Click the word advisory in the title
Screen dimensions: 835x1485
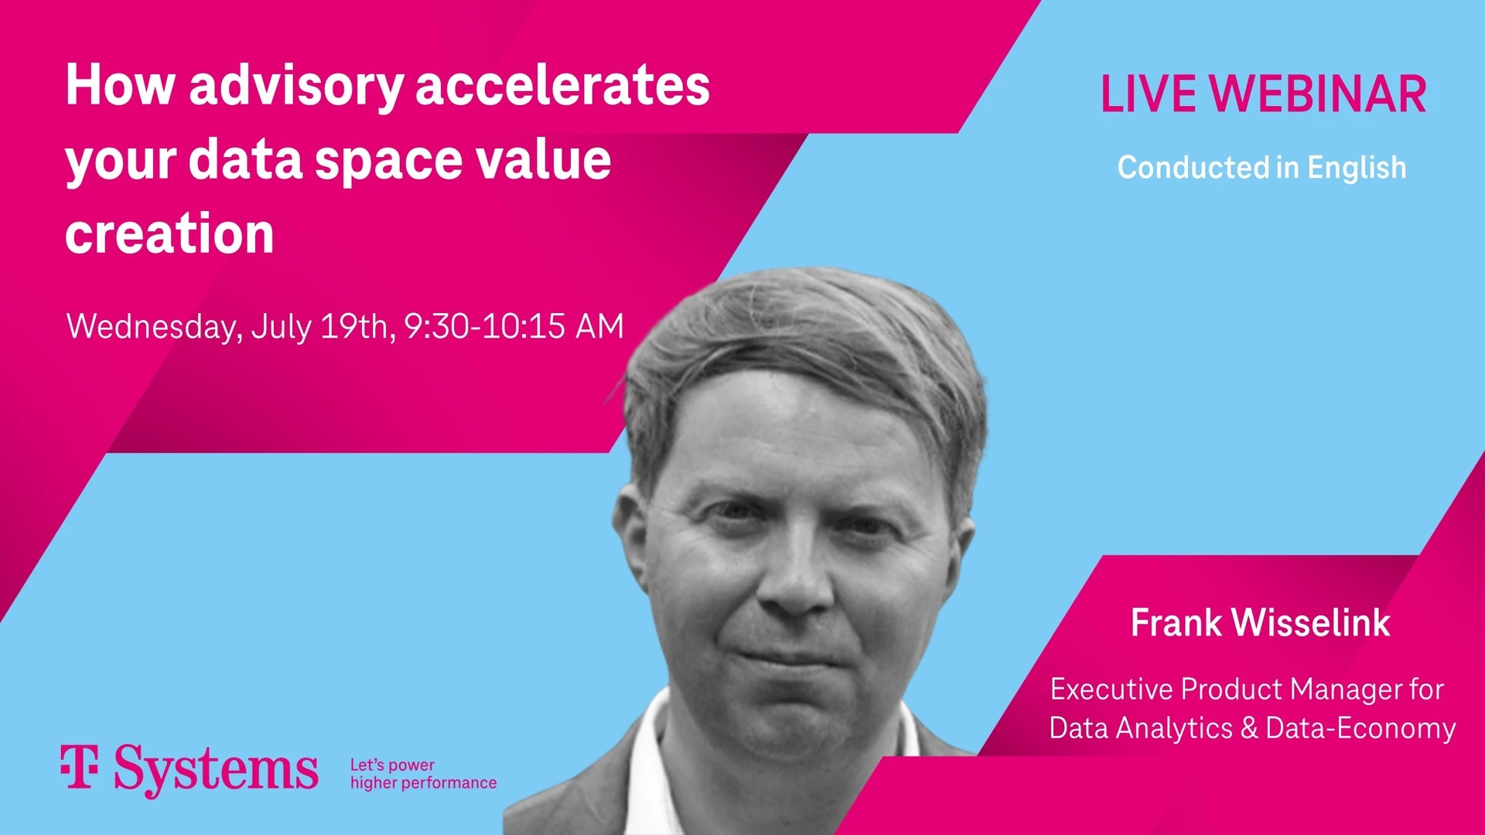(296, 87)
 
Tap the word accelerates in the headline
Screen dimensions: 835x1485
(562, 85)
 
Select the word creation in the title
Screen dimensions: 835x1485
(169, 233)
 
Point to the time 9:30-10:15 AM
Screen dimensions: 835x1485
(514, 326)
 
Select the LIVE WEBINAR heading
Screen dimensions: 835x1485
(1262, 94)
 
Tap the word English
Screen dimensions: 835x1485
(1357, 168)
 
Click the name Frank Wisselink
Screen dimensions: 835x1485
(1260, 623)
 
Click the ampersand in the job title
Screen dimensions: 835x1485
(1249, 728)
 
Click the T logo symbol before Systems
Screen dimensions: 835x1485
(80, 767)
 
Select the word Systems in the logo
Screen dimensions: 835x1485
(216, 770)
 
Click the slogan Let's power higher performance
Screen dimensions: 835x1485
(423, 774)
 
